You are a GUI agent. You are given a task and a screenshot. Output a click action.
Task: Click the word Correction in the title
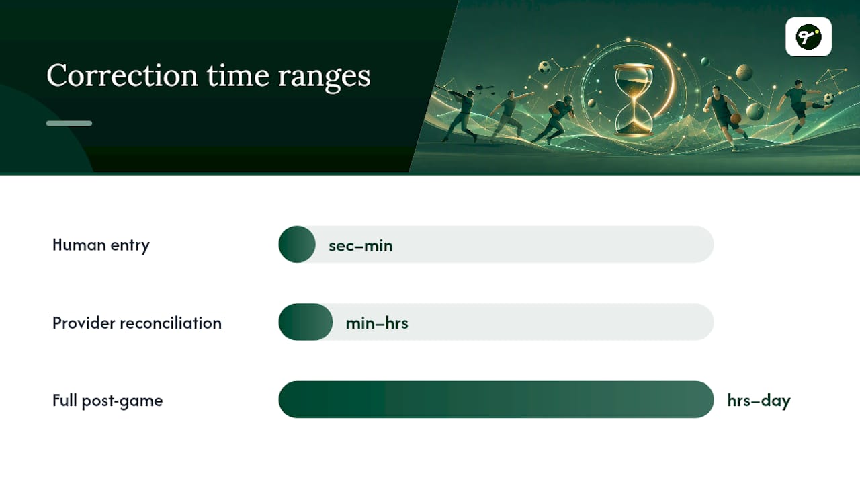[x=122, y=75]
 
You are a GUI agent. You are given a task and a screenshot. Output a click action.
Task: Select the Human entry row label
[x=101, y=245]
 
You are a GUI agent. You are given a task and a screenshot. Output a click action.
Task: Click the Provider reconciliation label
[x=137, y=323]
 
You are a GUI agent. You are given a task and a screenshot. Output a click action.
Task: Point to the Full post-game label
[x=107, y=401]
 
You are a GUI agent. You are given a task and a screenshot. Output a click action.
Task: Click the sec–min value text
[x=361, y=246]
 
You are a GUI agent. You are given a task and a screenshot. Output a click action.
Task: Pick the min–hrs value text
[x=377, y=323]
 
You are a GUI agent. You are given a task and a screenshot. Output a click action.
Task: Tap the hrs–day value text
[x=759, y=401]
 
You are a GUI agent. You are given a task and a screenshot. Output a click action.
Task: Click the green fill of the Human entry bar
[x=297, y=244]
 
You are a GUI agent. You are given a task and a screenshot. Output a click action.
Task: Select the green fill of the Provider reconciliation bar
[x=306, y=322]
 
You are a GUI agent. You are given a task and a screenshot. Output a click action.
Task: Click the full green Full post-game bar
[x=496, y=399]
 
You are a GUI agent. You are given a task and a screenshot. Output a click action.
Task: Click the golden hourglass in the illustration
[x=634, y=100]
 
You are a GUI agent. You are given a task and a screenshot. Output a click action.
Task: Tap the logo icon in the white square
[x=808, y=37]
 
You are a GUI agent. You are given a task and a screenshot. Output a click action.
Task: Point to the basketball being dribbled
[x=736, y=118]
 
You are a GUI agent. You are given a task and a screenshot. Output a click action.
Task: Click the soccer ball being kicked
[x=828, y=98]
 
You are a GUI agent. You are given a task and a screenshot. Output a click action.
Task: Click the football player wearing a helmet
[x=555, y=119]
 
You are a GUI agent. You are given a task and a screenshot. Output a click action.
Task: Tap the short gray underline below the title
[x=69, y=123]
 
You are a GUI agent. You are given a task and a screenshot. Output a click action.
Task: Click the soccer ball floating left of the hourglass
[x=544, y=67]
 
